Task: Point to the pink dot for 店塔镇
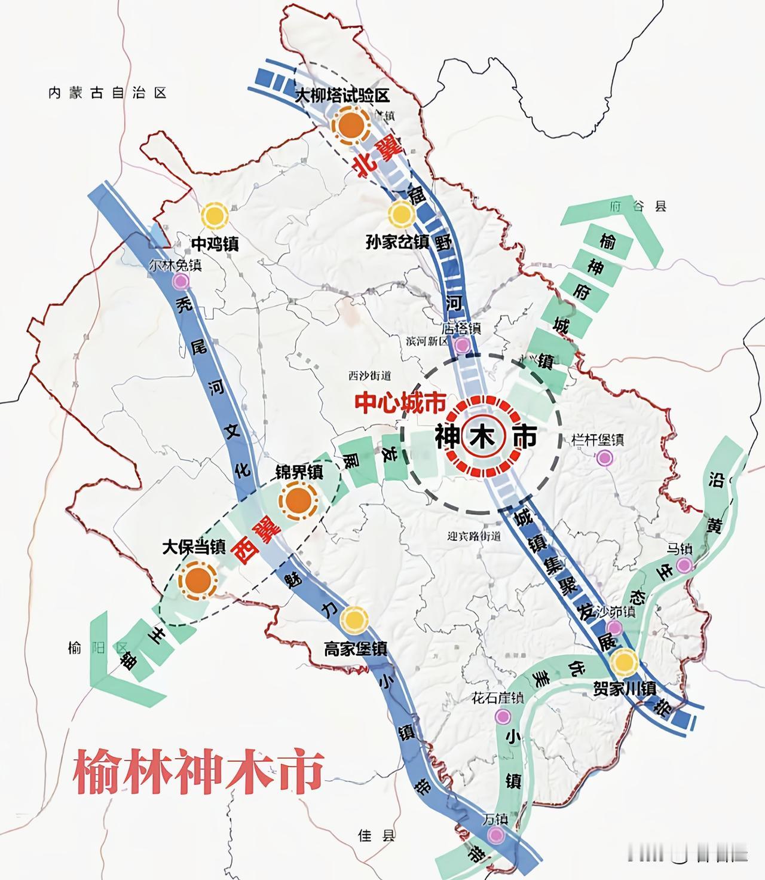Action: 462,345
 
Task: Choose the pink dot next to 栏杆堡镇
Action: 605,458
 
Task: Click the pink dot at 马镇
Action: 684,565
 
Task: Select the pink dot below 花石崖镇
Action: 503,716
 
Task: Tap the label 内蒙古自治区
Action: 107,93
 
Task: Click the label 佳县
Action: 377,835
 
